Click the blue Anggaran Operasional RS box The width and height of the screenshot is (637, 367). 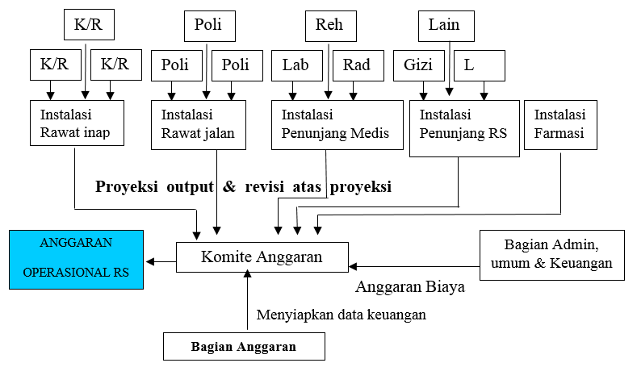77,260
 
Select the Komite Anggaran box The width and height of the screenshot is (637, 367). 262,257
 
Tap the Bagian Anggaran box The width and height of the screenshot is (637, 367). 244,346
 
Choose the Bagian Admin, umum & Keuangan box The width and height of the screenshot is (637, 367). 552,256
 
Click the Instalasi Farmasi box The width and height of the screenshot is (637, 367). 560,125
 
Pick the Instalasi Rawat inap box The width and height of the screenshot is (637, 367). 78,123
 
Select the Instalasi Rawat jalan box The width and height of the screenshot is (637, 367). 199,125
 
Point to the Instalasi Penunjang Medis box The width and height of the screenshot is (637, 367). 337,125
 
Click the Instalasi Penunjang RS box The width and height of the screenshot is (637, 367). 464,128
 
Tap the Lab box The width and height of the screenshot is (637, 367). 297,66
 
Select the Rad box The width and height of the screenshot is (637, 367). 358,66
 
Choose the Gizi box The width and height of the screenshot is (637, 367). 419,66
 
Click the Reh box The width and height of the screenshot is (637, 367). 331,26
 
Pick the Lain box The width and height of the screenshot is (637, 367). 446,26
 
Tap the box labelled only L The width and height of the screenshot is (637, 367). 480,66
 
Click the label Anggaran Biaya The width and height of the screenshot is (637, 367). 410,287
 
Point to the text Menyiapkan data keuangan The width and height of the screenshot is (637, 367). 342,315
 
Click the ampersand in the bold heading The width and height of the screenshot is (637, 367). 229,186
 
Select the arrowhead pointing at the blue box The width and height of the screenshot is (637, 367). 150,262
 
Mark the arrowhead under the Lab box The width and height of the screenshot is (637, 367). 292,96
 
